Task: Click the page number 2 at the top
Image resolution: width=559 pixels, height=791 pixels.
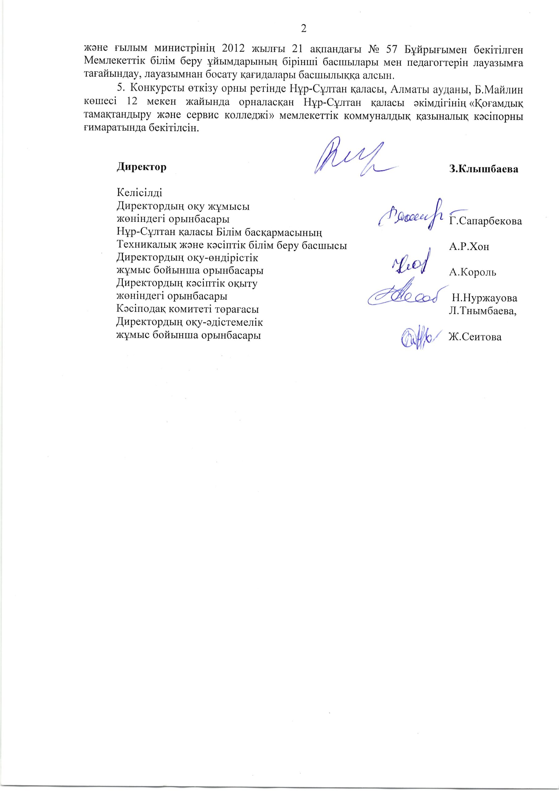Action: tap(304, 29)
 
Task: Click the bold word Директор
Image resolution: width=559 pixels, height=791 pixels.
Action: tap(141, 167)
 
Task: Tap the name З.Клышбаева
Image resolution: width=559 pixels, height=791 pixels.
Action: tap(484, 169)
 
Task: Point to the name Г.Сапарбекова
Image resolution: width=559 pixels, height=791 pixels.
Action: tap(485, 221)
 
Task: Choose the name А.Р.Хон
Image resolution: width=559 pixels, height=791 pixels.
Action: tap(469, 247)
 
